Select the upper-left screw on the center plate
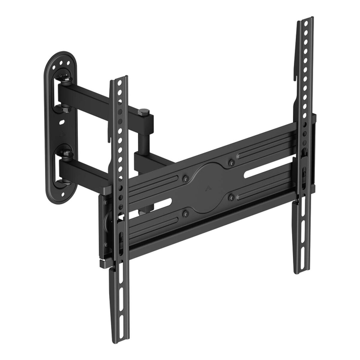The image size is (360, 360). click(186, 179)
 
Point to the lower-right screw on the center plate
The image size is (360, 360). click(231, 196)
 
